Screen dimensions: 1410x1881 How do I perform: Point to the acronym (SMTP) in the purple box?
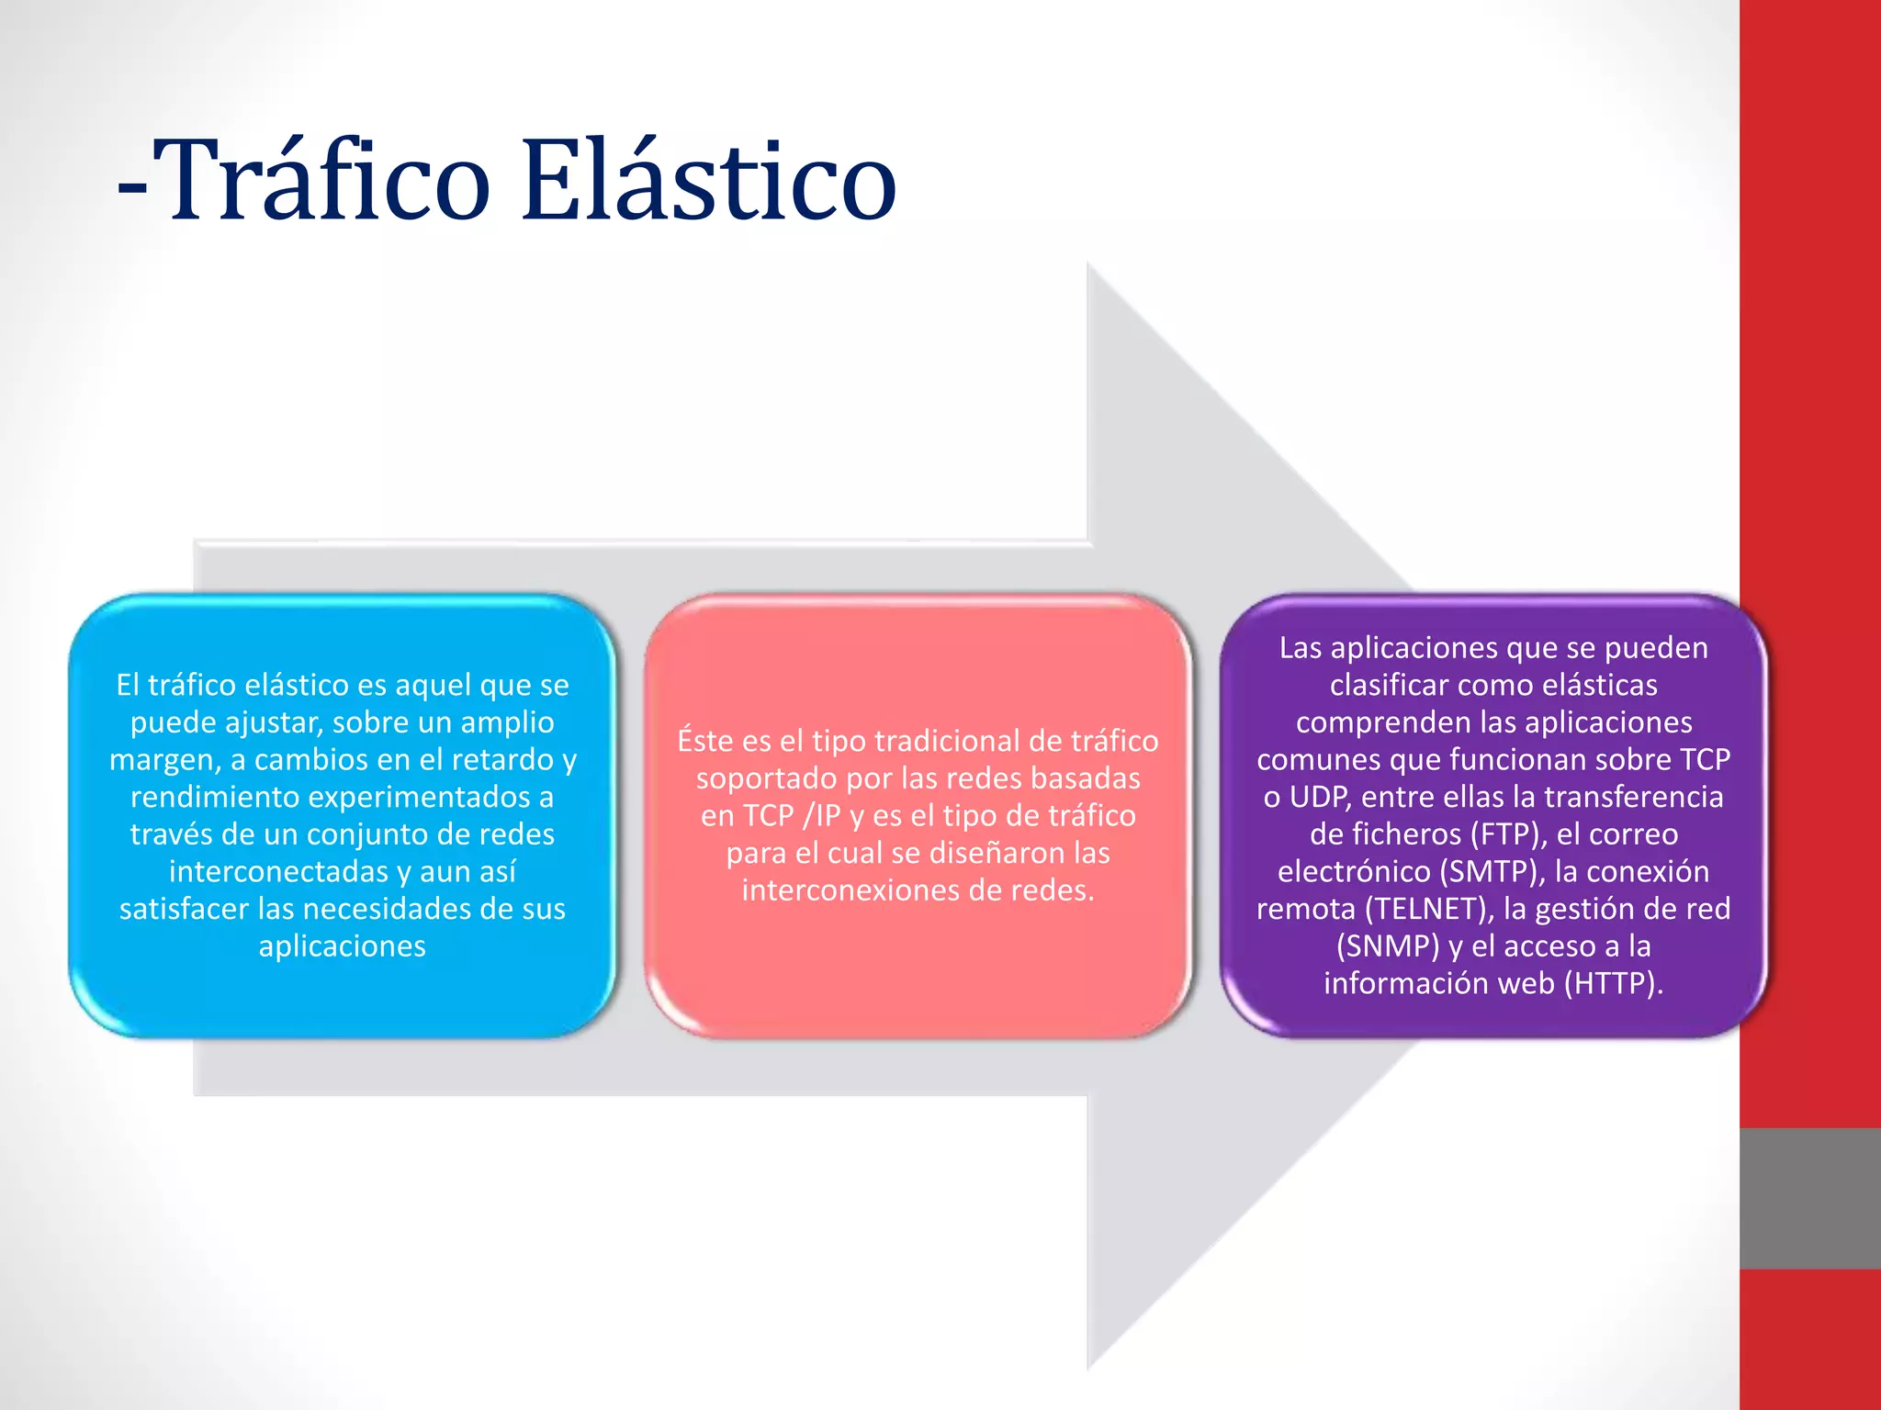1492,871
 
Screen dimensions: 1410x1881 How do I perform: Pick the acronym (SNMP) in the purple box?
1388,946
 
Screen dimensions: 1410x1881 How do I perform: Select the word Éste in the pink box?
705,741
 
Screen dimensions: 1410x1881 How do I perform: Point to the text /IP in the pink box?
822,816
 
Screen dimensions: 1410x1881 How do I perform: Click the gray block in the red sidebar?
1809,1198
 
